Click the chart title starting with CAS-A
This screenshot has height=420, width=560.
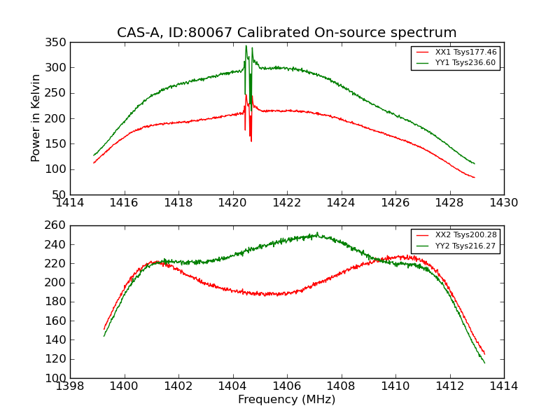click(286, 33)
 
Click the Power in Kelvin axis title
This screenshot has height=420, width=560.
click(36, 118)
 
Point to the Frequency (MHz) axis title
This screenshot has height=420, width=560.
click(286, 400)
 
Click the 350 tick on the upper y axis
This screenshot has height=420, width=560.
click(57, 43)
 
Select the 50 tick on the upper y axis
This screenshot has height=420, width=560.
click(61, 195)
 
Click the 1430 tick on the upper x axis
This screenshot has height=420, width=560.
click(503, 203)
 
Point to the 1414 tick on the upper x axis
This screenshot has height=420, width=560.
click(70, 203)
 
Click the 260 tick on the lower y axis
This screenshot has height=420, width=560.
click(57, 225)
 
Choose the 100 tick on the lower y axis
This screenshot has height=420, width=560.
click(57, 378)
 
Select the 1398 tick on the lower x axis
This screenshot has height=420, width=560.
click(70, 386)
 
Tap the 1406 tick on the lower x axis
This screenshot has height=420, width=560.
click(286, 386)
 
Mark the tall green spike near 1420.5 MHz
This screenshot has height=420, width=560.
click(246, 47)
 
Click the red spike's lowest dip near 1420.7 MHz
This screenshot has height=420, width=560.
click(251, 141)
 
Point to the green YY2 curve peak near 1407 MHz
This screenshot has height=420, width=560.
click(316, 234)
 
